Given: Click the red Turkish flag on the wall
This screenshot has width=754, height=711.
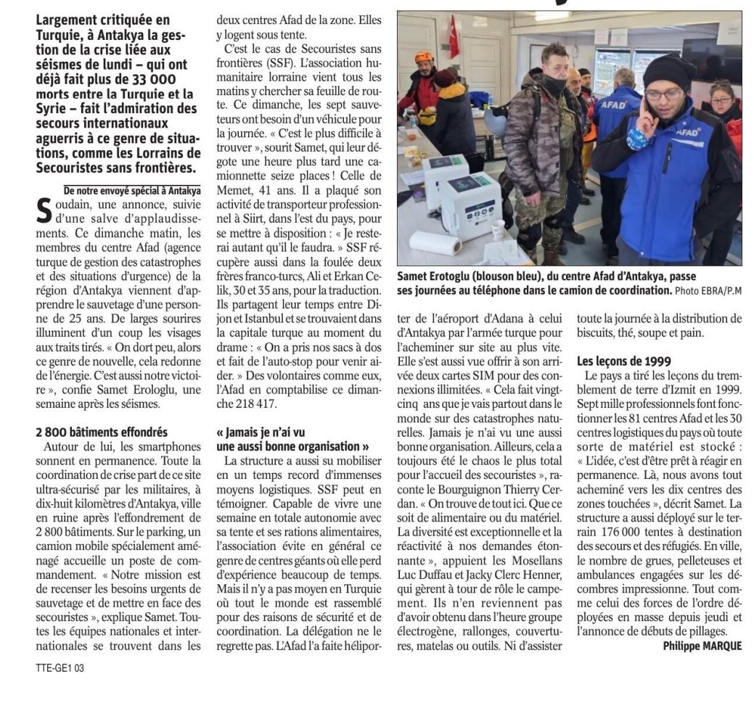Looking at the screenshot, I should [454, 36].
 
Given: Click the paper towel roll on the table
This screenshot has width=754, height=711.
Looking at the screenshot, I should [435, 242].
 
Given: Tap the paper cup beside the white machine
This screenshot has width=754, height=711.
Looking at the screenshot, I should [499, 230].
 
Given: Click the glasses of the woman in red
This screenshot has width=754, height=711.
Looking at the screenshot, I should [721, 101].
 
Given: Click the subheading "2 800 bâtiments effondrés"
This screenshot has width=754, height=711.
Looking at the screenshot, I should [102, 432].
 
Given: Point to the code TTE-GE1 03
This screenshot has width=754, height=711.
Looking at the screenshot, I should [60, 667].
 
